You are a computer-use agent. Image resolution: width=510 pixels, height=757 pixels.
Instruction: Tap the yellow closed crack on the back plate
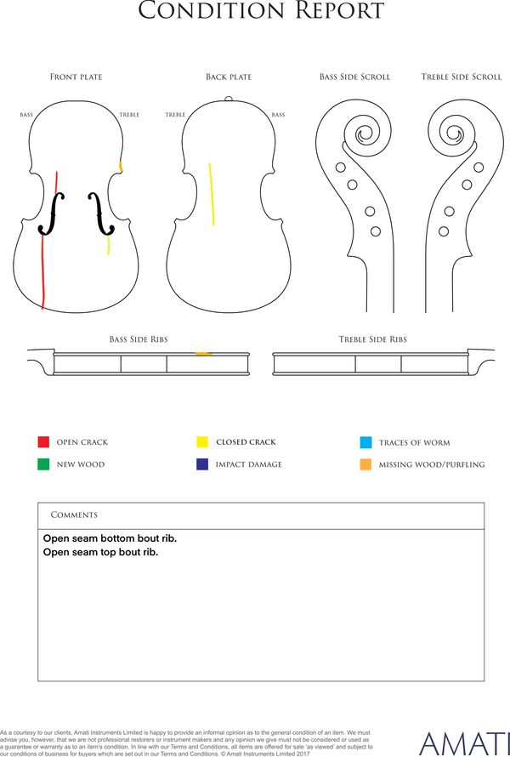coord(212,194)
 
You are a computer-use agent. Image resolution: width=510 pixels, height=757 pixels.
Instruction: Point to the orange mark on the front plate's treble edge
coord(121,166)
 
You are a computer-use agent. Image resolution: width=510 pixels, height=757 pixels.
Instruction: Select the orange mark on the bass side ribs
coord(203,354)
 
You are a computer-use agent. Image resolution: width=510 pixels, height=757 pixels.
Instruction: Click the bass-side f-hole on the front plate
coord(51,213)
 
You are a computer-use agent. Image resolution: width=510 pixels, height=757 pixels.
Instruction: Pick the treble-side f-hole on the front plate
coord(101,213)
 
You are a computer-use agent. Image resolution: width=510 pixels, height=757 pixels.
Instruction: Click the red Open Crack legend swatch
coord(43,441)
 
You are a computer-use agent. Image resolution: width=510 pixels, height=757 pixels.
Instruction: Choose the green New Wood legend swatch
coord(43,464)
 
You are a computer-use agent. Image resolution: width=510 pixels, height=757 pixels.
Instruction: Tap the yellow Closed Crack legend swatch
coord(202,441)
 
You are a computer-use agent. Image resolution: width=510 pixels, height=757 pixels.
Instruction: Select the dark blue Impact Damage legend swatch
coord(202,464)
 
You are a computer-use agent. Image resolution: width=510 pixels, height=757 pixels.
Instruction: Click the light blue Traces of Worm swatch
coord(365,442)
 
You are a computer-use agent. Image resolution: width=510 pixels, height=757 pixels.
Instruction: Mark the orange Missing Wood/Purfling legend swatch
coord(365,464)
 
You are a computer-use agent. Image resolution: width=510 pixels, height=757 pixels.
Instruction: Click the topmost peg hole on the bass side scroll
coord(340,168)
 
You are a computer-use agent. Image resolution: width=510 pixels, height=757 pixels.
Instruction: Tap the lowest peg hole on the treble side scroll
coord(444,231)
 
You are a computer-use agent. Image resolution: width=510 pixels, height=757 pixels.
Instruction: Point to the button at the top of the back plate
coord(229,99)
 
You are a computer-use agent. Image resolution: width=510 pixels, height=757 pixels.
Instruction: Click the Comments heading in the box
coord(74,515)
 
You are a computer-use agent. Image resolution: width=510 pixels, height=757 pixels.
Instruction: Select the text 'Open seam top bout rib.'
coord(100,552)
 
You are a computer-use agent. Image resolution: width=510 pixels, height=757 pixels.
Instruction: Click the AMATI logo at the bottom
coord(464,744)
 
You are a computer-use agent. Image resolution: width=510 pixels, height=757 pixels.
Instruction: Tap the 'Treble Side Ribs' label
coord(372,339)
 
